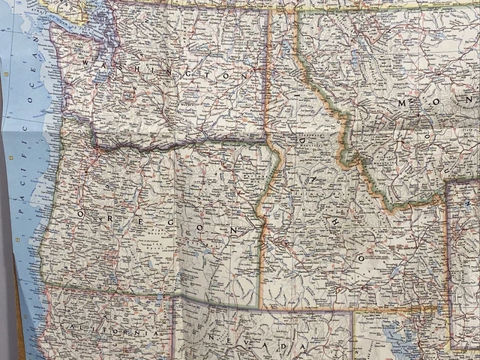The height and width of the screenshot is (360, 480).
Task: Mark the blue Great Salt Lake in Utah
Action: point(390,330)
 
